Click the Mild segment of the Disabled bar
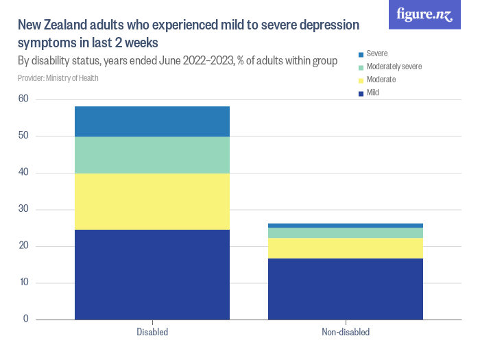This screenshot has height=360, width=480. pos(152,274)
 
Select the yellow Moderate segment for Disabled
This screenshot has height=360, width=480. pos(152,201)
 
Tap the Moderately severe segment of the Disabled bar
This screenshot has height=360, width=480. pos(152,155)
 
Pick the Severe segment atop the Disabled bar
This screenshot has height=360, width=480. pos(152,121)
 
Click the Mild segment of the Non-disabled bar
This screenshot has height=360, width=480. pos(346,289)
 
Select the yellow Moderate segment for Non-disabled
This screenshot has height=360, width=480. pos(346,248)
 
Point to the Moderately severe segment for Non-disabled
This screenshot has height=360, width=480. pos(346,232)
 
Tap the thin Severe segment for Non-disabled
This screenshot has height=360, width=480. pos(346,226)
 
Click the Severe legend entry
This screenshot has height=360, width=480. pos(376,53)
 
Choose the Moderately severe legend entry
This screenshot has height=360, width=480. pos(393,67)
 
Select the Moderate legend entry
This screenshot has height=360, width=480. pos(381,80)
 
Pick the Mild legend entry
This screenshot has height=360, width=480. pos(372,93)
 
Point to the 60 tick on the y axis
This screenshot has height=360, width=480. pos(23,99)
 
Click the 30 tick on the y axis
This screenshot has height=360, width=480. pos(23,209)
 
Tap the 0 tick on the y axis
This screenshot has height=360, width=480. pos(26,320)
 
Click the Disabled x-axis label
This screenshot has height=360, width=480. pos(152,333)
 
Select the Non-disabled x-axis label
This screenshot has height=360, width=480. pos(346,333)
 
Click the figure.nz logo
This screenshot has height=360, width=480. pos(425,14)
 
